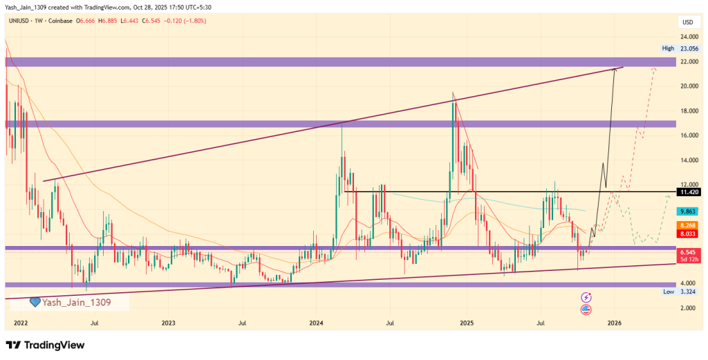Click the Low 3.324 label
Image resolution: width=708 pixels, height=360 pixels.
pos(678,292)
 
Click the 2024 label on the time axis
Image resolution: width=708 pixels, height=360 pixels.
pos(317,322)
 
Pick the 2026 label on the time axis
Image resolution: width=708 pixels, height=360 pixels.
pos(613,322)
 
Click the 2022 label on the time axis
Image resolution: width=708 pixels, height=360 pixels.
pos(20,322)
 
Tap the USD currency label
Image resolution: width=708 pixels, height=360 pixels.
pos(686,21)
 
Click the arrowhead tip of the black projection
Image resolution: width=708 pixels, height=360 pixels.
pos(615,68)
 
